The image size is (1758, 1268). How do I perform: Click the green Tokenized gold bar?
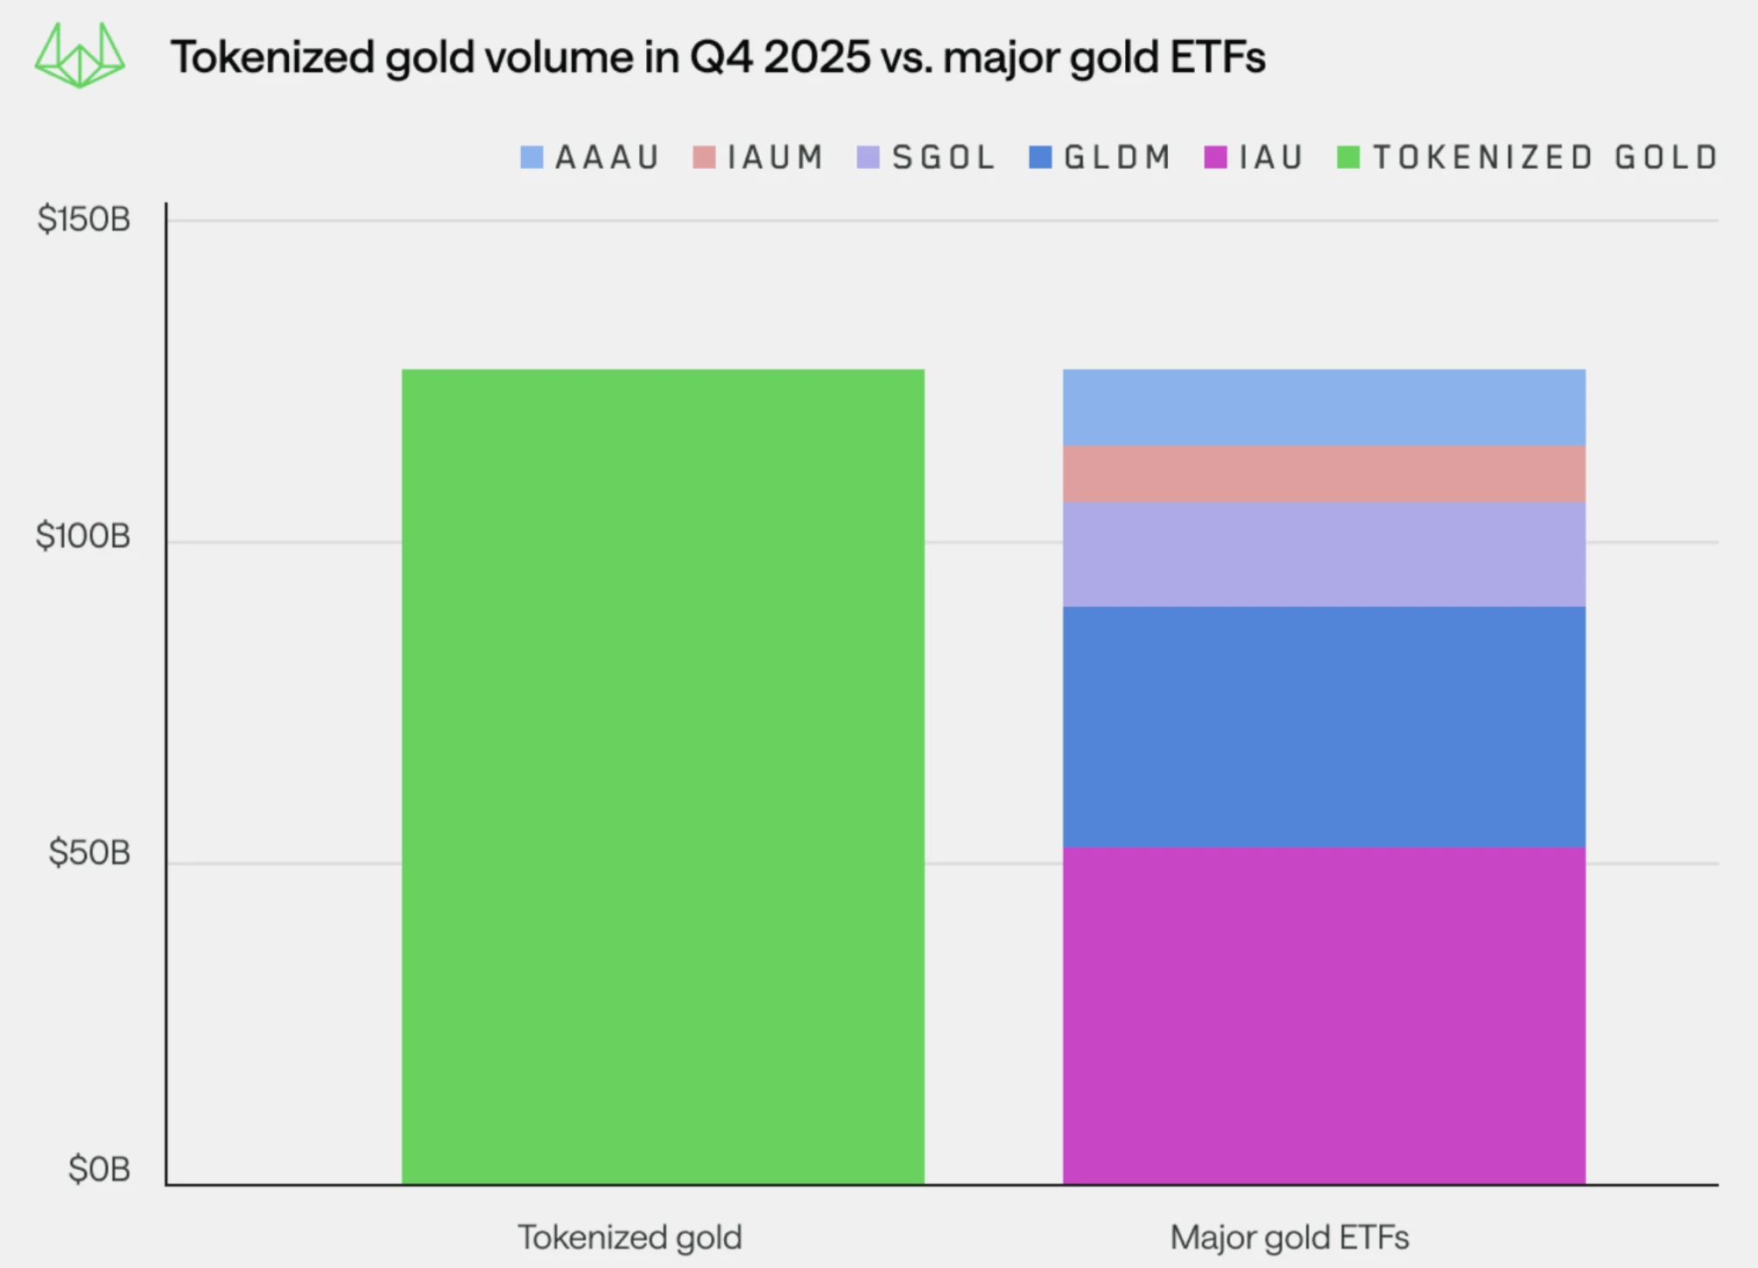click(x=663, y=777)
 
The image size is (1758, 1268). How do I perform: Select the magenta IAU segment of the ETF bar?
click(x=1324, y=1016)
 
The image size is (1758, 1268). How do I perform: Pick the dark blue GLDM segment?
click(x=1324, y=727)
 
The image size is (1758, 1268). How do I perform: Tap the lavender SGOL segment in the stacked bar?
click(x=1324, y=554)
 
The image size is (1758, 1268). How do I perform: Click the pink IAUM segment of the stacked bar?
click(x=1324, y=474)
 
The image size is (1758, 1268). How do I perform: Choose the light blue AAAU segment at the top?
click(x=1324, y=407)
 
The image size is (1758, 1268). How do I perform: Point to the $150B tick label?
click(x=84, y=219)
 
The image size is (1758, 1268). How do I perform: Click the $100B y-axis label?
click(x=83, y=536)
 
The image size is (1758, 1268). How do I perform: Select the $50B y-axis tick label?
click(x=89, y=853)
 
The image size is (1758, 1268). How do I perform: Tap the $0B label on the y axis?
click(x=99, y=1170)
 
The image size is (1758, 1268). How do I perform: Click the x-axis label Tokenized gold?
click(x=629, y=1237)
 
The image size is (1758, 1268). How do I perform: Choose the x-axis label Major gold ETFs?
click(x=1290, y=1237)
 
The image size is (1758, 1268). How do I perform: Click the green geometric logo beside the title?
click(x=80, y=56)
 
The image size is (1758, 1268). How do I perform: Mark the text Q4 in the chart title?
click(x=722, y=58)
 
